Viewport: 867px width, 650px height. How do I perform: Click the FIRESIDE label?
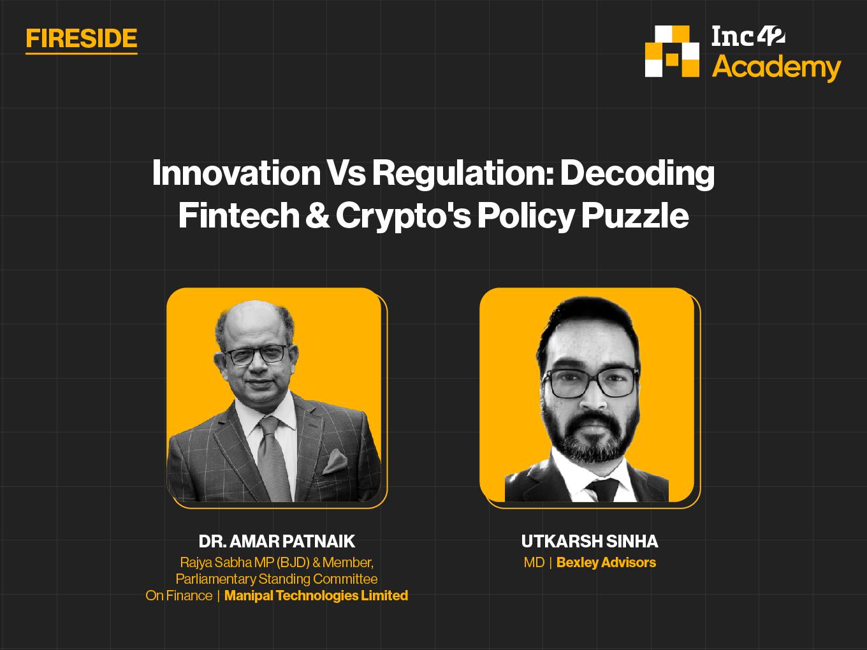pos(82,38)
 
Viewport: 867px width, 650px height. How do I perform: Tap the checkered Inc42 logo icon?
pos(672,51)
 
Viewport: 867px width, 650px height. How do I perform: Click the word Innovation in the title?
pos(236,173)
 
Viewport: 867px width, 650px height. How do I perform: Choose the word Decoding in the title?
pos(637,173)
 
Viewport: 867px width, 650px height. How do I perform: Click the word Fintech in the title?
pos(238,215)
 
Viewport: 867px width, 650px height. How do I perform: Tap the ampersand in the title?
pos(317,215)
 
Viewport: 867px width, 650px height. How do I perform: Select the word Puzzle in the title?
pos(635,215)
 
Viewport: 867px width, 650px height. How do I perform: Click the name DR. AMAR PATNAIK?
pos(277,542)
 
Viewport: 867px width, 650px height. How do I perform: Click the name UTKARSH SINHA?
pos(589,542)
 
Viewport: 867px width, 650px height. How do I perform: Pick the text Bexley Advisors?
pos(606,563)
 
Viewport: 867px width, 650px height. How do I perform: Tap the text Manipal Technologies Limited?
pos(316,595)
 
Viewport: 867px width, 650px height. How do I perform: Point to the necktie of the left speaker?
pos(273,458)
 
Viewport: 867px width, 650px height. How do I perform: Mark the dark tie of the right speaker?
pos(602,489)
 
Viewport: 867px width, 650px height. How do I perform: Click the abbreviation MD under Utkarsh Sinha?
pos(534,563)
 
